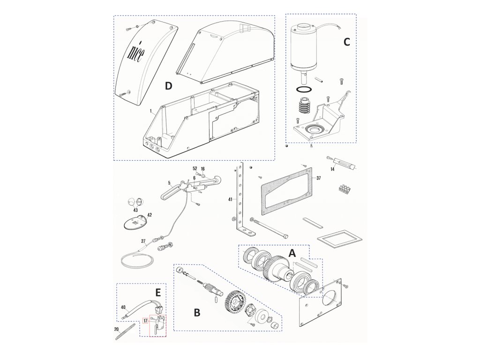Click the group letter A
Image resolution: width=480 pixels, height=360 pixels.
292,254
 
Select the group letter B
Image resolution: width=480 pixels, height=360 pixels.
197,313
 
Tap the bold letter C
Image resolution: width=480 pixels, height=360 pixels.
346,42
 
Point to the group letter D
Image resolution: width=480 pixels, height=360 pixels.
168,86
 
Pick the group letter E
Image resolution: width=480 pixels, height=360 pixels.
157,292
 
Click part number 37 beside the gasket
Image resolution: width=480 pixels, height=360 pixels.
318,178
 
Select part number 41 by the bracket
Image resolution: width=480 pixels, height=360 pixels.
231,199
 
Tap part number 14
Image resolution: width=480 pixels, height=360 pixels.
332,169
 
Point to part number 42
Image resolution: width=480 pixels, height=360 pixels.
150,215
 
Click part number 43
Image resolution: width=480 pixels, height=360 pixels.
135,210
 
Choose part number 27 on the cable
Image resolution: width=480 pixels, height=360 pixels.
143,241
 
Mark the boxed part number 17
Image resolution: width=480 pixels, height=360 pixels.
145,321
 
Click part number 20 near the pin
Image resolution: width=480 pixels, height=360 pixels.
116,330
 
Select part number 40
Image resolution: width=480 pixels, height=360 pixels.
123,307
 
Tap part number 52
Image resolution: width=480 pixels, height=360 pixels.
195,168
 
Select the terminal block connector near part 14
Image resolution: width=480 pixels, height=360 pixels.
345,189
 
